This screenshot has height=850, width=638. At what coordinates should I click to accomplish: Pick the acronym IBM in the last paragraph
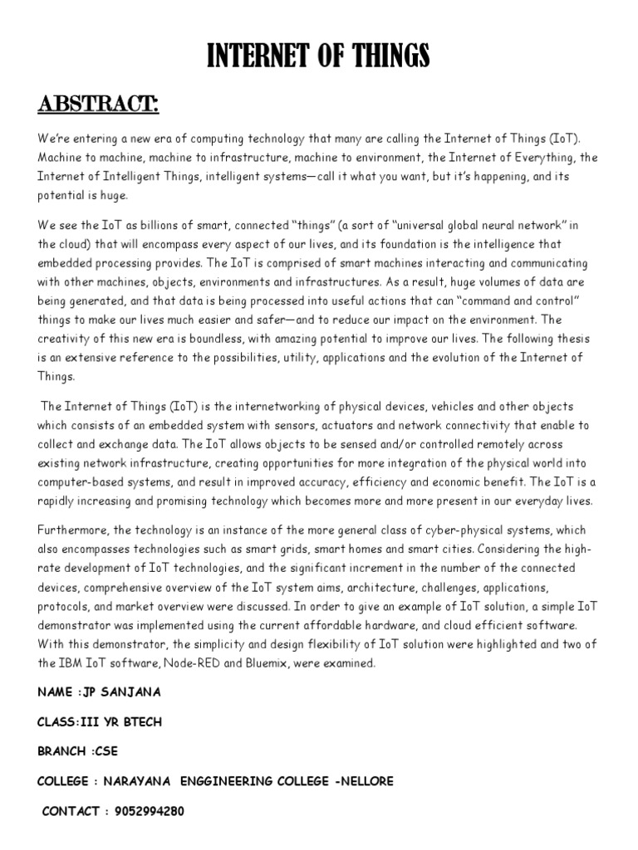pyautogui.click(x=73, y=663)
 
